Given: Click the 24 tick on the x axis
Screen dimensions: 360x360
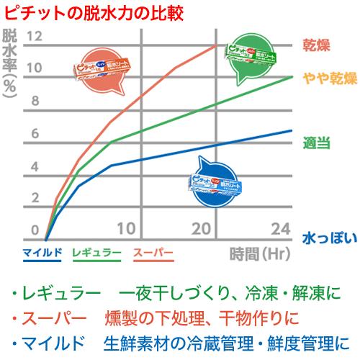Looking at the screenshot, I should (281, 229).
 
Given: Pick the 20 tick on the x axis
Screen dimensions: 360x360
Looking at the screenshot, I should (204, 229).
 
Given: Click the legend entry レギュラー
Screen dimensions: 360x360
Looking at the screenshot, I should (97, 252).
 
